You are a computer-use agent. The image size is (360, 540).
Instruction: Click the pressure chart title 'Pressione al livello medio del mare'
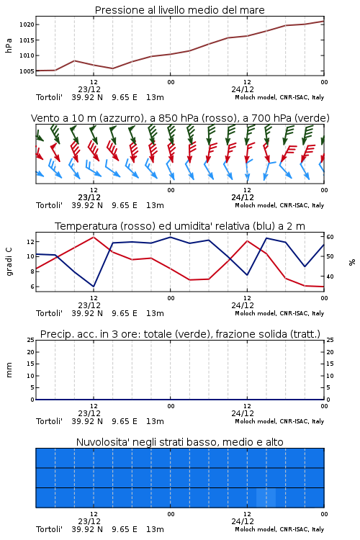tap(179, 10)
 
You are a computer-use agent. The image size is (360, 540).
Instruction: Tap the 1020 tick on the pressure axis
tap(27, 24)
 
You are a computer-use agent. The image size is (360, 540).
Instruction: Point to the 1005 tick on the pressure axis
tap(27, 71)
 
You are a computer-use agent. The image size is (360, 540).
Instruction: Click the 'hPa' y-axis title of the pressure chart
tap(9, 45)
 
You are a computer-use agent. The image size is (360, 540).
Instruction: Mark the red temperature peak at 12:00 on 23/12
tap(94, 237)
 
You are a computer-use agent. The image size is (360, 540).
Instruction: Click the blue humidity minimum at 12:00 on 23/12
tap(94, 286)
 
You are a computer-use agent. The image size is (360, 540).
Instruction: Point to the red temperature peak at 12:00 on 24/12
tap(247, 240)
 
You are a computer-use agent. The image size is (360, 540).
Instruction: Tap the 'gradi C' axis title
tap(9, 261)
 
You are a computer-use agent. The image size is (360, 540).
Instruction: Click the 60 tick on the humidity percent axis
tap(330, 237)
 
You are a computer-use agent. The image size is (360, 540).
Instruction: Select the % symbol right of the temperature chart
tap(352, 262)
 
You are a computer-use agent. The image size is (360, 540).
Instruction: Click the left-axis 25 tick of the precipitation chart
tap(31, 340)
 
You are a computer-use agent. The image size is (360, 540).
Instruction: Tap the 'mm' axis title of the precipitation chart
tap(9, 370)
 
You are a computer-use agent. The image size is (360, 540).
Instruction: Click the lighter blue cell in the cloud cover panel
tap(266, 498)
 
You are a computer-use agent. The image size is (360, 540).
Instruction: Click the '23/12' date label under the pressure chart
tap(89, 89)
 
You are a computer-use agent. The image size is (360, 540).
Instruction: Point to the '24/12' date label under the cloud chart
tap(243, 521)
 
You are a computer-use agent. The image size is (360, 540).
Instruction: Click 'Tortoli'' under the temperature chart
tap(49, 313)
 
